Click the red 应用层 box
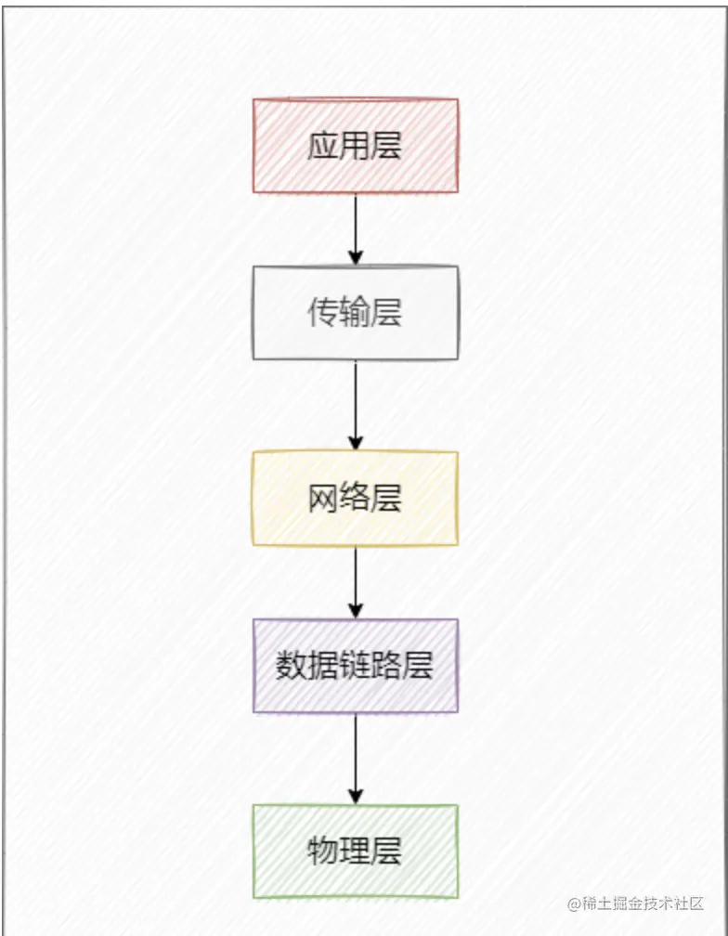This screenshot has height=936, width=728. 355,146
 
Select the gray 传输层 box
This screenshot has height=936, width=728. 355,313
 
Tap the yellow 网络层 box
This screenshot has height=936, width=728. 355,499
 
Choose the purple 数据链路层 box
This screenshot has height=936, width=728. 355,666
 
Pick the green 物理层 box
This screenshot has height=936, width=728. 355,851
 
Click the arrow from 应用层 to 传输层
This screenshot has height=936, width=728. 355,228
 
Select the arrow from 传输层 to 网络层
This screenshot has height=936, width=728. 355,405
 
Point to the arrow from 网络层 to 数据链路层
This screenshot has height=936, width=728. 355,581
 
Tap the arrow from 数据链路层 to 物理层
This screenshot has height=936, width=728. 355,758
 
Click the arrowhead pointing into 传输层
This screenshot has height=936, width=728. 355,257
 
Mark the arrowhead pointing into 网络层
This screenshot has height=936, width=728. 355,442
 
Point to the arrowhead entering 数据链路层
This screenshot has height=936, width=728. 355,610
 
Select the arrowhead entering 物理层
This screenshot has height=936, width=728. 355,796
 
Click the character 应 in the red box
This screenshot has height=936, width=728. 323,146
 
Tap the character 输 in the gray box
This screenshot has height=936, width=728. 355,313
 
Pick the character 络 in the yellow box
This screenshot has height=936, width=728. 355,499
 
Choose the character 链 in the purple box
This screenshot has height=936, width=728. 355,666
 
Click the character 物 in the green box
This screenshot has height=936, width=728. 323,851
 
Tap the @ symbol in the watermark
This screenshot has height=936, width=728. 574,903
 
